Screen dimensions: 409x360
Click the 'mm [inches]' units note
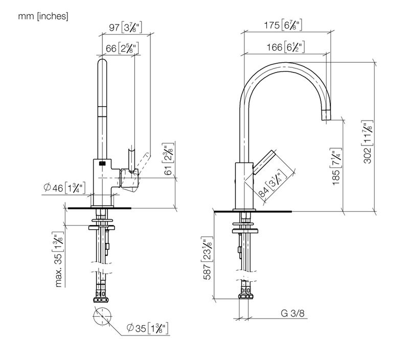click(43, 16)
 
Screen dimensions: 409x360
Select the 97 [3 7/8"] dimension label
click(125, 27)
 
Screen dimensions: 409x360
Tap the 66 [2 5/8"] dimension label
click(122, 49)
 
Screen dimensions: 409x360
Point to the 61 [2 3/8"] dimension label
click(168, 159)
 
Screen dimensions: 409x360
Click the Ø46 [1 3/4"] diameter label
click(64, 188)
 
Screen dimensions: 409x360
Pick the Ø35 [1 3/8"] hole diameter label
click(147, 328)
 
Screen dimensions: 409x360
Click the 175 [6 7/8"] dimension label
click(283, 25)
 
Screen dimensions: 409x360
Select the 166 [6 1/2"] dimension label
click(285, 47)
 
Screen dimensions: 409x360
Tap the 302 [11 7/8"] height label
click(368, 142)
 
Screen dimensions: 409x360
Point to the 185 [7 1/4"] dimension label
click(336, 166)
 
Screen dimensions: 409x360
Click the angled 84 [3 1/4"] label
click(271, 183)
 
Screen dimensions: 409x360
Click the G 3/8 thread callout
click(292, 313)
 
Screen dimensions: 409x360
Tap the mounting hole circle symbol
click(102, 316)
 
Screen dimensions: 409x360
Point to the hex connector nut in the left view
click(101, 300)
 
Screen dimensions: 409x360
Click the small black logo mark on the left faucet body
click(102, 163)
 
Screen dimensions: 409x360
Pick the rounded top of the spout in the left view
click(102, 62)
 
